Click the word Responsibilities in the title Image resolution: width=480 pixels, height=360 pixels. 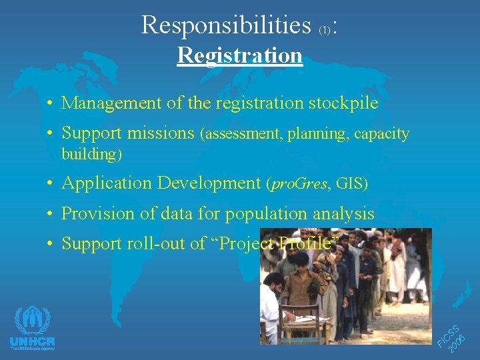tap(226, 25)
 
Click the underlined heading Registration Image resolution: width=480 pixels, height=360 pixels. tap(239, 55)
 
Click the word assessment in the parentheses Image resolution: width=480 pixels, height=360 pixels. tap(243, 134)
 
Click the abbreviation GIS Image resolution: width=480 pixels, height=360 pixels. tap(350, 183)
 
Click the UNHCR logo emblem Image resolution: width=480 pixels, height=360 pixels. tap(32, 321)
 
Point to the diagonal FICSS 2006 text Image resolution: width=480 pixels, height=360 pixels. tap(455, 337)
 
